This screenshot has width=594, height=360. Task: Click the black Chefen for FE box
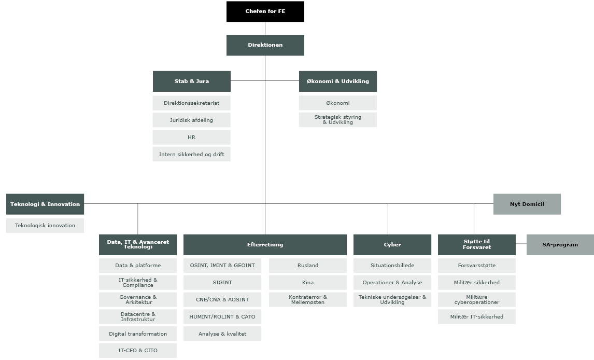pos(265,11)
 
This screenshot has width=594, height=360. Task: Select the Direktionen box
pos(265,45)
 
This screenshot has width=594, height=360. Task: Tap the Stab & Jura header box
pos(191,81)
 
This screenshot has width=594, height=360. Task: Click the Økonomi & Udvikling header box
pos(337,81)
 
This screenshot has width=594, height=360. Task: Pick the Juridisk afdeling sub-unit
pos(191,120)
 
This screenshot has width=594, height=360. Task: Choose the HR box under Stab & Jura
pos(191,137)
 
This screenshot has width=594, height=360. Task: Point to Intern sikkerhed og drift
pos(191,154)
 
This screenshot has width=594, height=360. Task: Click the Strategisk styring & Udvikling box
pos(337,120)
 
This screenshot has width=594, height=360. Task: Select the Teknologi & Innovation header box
pos(45,204)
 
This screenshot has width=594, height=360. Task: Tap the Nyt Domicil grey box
pos(527,204)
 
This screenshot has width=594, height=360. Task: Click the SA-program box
pos(560,245)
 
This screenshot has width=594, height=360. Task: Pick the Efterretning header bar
pos(265,245)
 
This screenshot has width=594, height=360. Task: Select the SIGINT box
pos(222,283)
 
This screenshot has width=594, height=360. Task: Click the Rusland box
pos(307,266)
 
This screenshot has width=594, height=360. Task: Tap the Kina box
pos(307,283)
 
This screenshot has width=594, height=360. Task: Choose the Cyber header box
pos(392,245)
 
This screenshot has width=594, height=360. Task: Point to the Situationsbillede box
pos(392,266)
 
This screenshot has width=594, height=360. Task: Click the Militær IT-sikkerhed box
pos(476,317)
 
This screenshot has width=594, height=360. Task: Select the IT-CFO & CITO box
pos(137,351)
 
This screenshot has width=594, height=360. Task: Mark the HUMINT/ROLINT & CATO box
pos(222,317)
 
